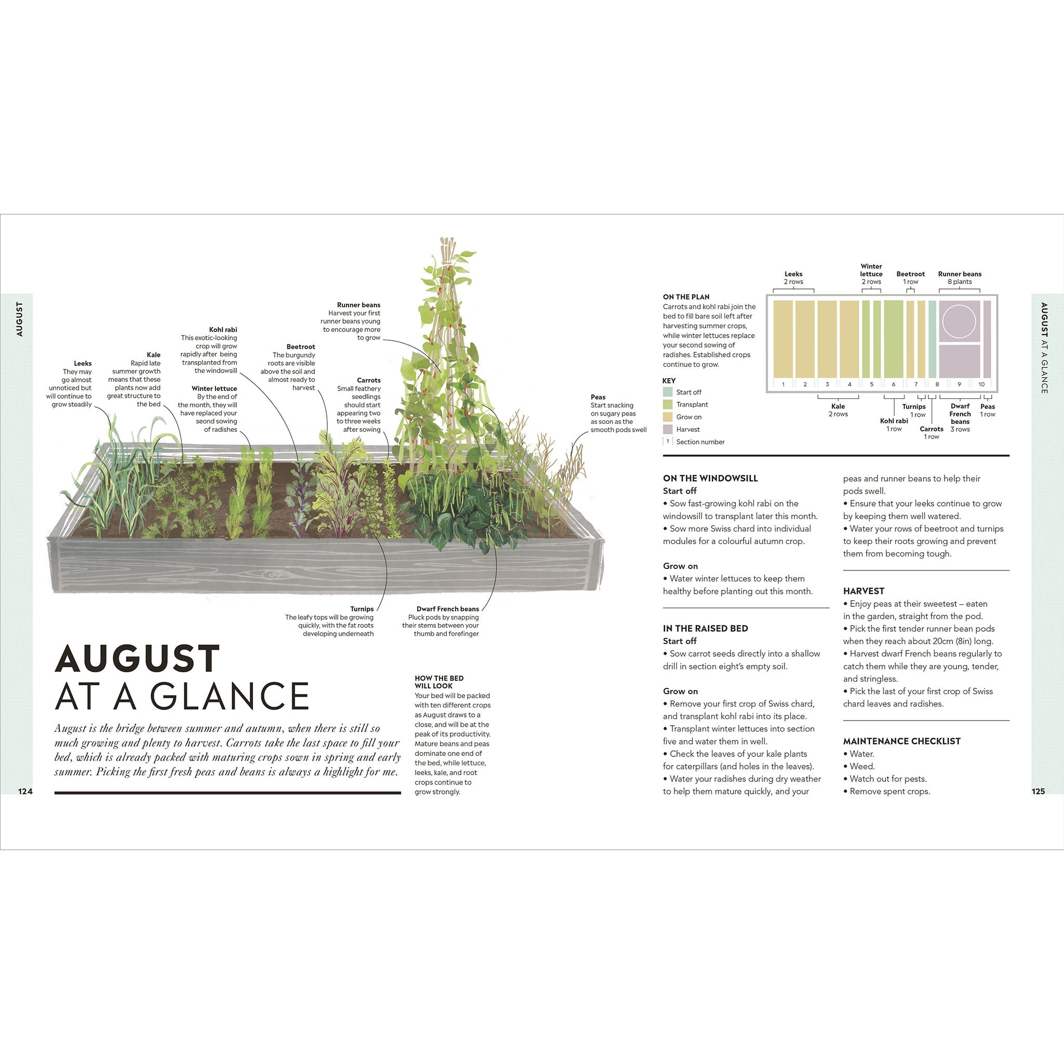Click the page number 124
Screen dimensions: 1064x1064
[25, 791]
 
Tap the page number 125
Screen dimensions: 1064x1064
[1038, 791]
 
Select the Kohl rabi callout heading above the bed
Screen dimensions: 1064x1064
[223, 329]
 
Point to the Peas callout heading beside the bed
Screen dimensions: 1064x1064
[597, 397]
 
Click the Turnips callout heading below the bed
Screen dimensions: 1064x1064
[362, 608]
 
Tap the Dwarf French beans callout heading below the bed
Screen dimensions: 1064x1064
[447, 608]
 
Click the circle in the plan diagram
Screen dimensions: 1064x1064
[959, 321]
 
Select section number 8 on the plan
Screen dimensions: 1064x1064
[937, 384]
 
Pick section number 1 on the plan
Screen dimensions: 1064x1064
[782, 384]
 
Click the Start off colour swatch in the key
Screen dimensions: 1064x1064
[668, 392]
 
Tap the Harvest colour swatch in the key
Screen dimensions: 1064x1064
[668, 429]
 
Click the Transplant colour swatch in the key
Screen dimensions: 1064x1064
[668, 404]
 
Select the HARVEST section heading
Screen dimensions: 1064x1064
[863, 591]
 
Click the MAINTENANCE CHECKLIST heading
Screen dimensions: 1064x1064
[901, 741]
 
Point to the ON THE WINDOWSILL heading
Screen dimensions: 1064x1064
[710, 478]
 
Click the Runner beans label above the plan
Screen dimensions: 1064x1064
[960, 274]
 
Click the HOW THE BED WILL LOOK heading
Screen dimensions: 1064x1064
[439, 682]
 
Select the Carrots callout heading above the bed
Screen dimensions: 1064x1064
[368, 380]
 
